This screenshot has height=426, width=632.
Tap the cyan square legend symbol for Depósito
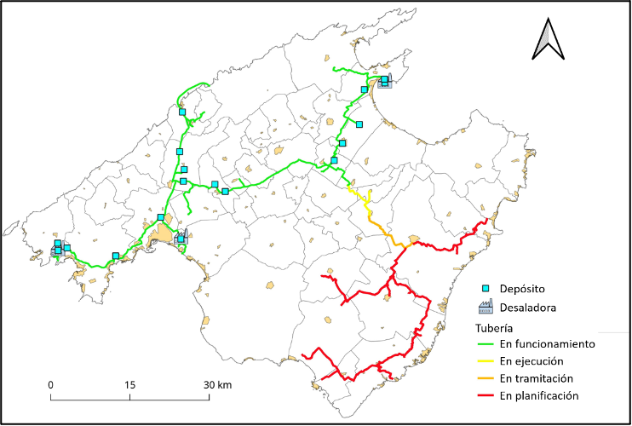coord(486,289)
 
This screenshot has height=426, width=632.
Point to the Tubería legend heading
coord(494,328)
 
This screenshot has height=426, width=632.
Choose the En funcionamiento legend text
coord(547,344)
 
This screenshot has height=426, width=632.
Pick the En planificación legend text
coord(540,395)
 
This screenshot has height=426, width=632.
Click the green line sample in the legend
coord(486,345)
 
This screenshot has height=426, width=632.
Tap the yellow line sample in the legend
coord(486,362)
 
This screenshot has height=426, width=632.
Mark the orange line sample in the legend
coord(486,379)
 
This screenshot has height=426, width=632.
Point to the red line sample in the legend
coord(486,396)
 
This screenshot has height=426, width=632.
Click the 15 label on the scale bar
coord(130,384)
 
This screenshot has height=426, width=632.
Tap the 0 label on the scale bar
coord(51,384)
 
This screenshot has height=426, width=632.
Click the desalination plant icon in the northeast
coord(384,83)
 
